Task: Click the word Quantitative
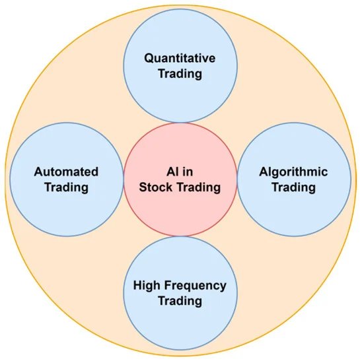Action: point(180,58)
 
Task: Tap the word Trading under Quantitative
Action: point(180,75)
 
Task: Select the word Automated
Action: point(66,172)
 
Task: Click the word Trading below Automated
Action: point(67,187)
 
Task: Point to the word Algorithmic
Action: point(293,172)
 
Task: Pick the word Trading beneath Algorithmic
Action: point(294,187)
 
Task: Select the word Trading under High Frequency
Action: point(180,302)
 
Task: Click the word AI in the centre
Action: point(172,172)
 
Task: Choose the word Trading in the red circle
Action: point(199,187)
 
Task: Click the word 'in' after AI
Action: point(188,172)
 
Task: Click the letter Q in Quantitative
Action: point(149,58)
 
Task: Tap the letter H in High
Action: point(137,285)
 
